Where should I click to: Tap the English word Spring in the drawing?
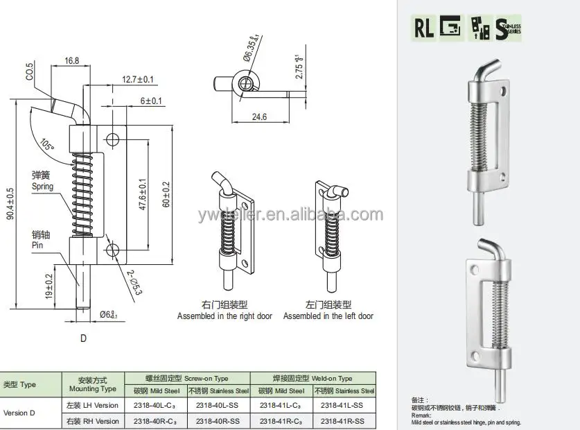pyautogui.click(x=42, y=187)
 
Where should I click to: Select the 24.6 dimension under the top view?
pyautogui.click(x=259, y=117)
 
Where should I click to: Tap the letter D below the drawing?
pyautogui.click(x=83, y=339)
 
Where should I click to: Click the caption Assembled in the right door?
pyautogui.click(x=225, y=316)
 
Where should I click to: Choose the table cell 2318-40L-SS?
pyautogui.click(x=218, y=405)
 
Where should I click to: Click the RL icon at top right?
pyautogui.click(x=424, y=28)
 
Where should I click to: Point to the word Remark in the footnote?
pyautogui.click(x=421, y=415)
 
